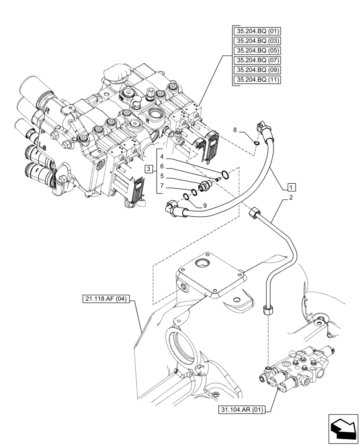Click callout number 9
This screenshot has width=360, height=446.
(205, 206)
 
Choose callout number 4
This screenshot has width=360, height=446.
(163, 157)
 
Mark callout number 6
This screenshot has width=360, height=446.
(163, 166)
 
